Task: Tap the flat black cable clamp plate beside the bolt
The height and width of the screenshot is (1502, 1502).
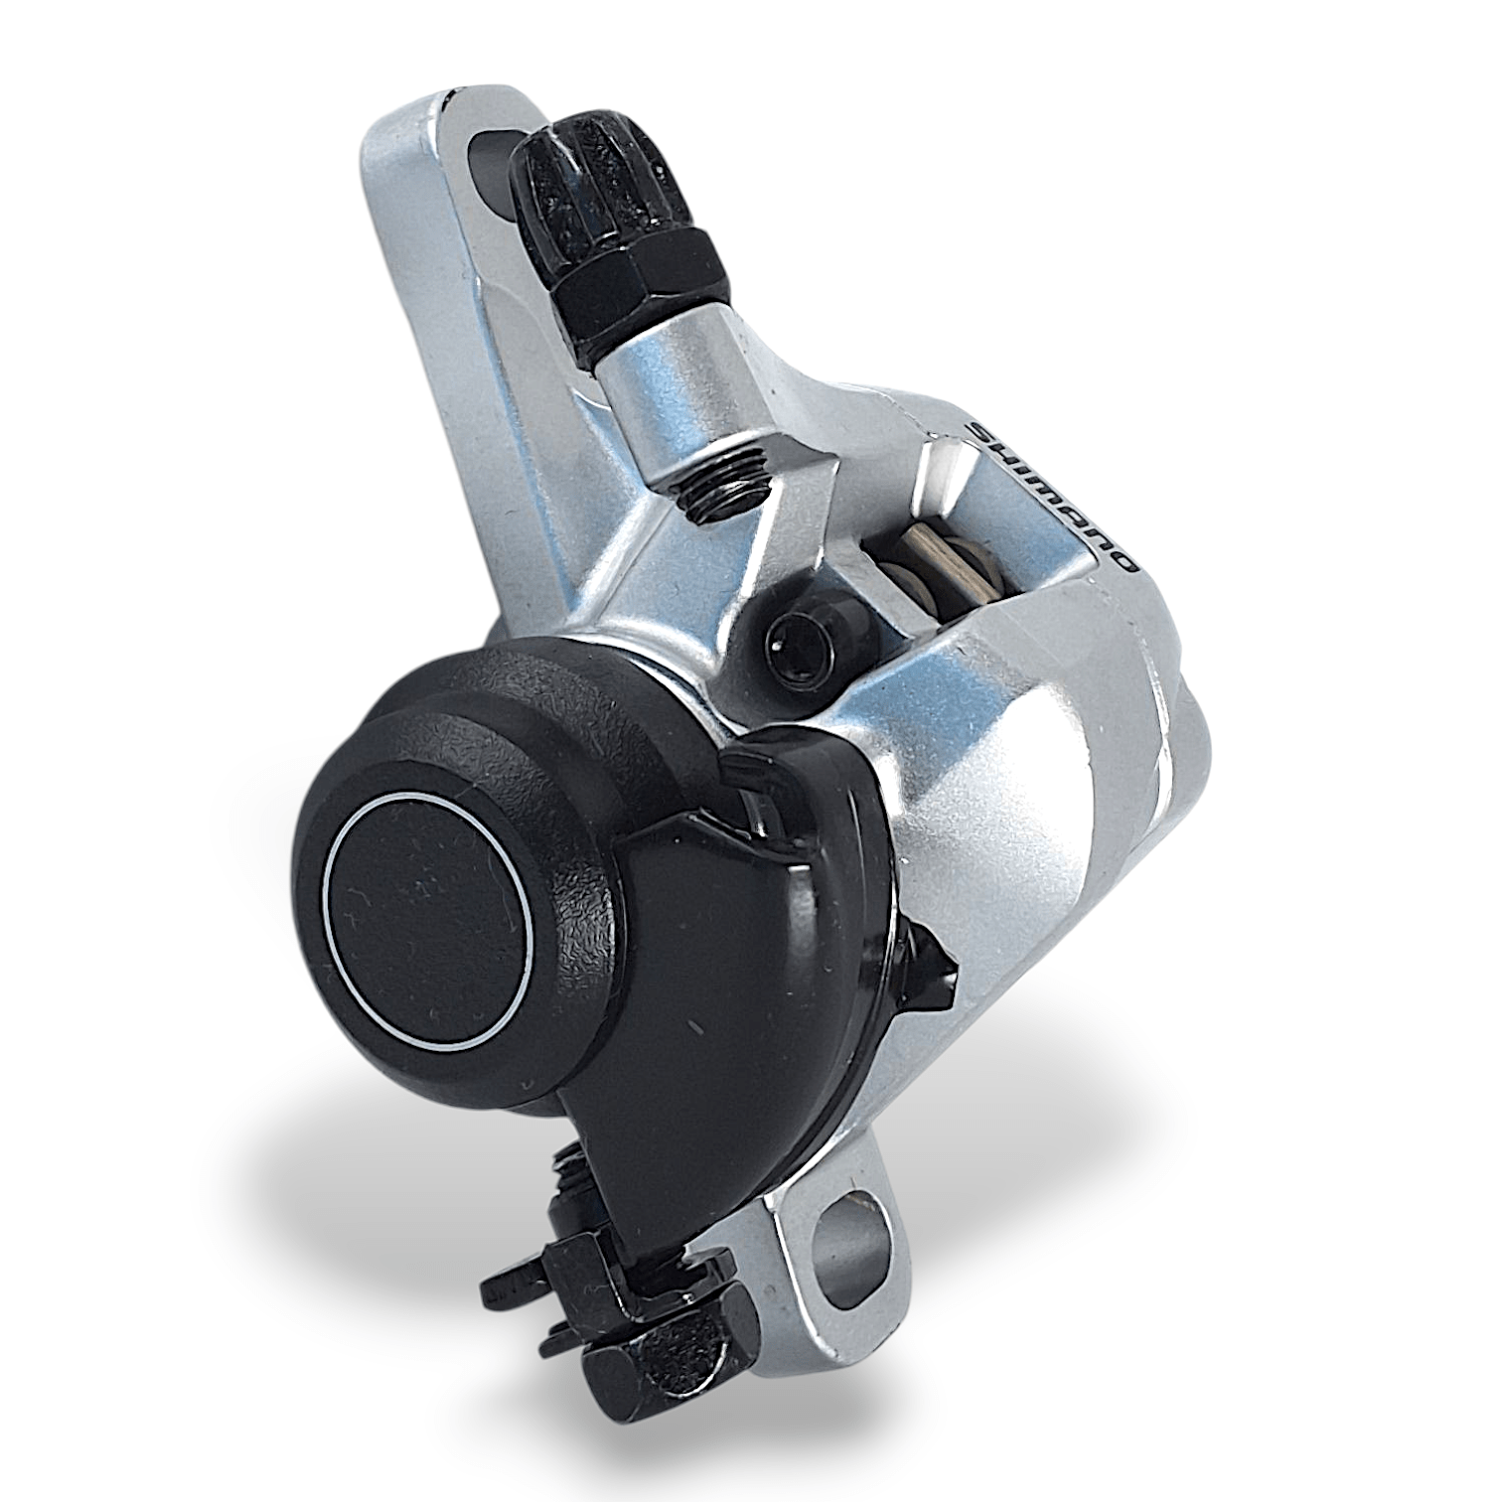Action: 536,1281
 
